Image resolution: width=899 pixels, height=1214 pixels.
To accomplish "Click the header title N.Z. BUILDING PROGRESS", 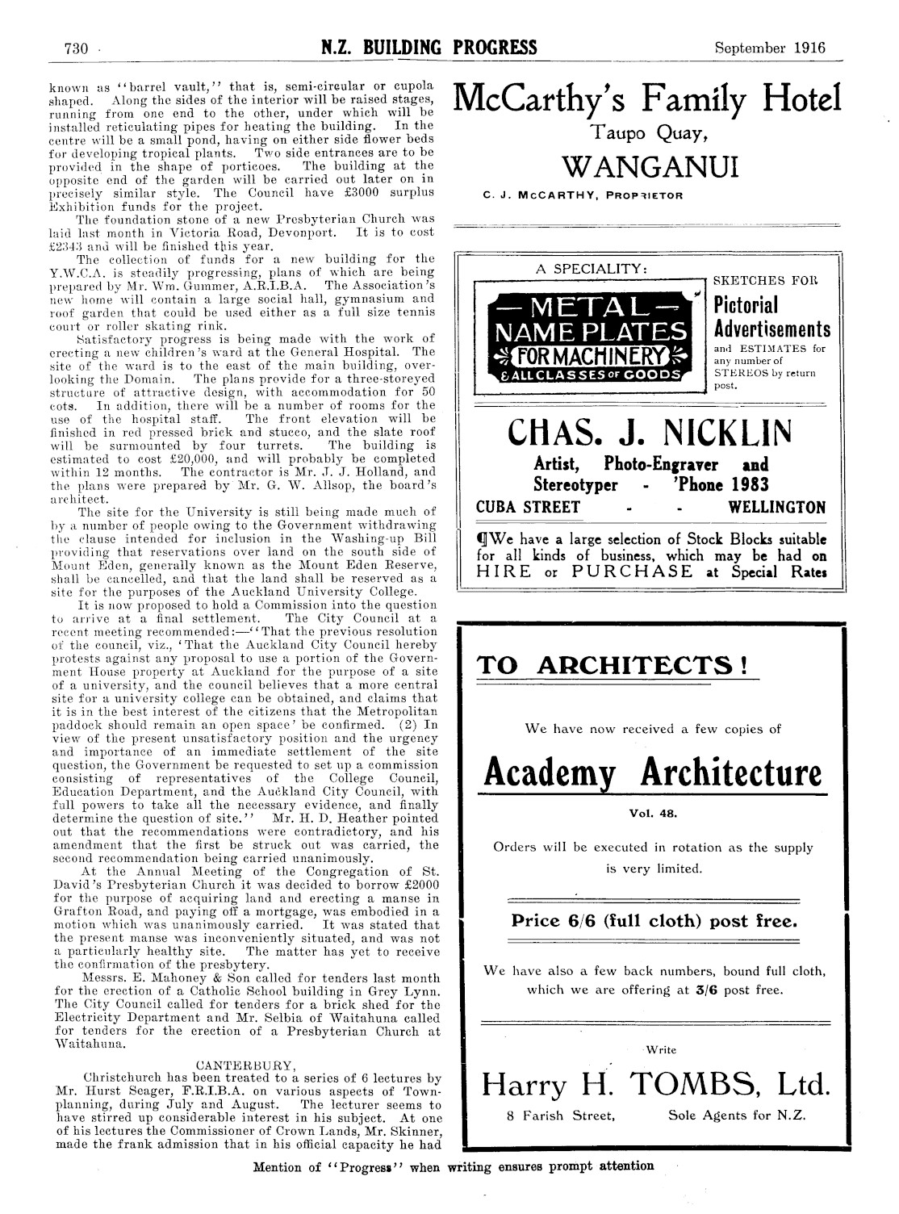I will pyautogui.click(x=429, y=47).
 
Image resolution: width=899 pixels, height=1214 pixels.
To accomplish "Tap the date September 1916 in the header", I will pyautogui.click(x=770, y=47).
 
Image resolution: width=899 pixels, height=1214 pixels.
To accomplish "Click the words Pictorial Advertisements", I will pyautogui.click(x=772, y=317).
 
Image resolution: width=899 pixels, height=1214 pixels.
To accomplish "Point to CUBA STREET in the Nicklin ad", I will pyautogui.click(x=529, y=507).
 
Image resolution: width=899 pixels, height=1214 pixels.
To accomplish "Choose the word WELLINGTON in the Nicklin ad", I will pyautogui.click(x=776, y=507).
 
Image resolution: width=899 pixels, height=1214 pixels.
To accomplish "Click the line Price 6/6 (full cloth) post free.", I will pyautogui.click(x=654, y=921).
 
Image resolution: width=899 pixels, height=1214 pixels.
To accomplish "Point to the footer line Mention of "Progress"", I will pyautogui.click(x=454, y=1166).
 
